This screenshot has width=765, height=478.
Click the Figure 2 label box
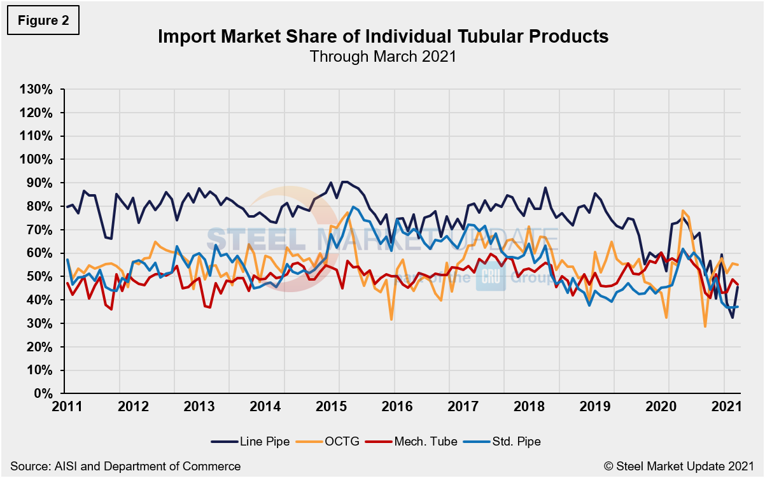[43, 20]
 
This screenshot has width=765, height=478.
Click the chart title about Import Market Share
[382, 37]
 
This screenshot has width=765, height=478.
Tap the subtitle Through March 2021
[382, 56]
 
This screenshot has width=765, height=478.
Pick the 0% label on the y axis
[43, 393]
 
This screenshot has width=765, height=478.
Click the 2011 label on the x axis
[66, 406]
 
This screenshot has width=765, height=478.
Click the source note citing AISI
[125, 467]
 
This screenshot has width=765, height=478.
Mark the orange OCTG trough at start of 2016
[391, 320]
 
